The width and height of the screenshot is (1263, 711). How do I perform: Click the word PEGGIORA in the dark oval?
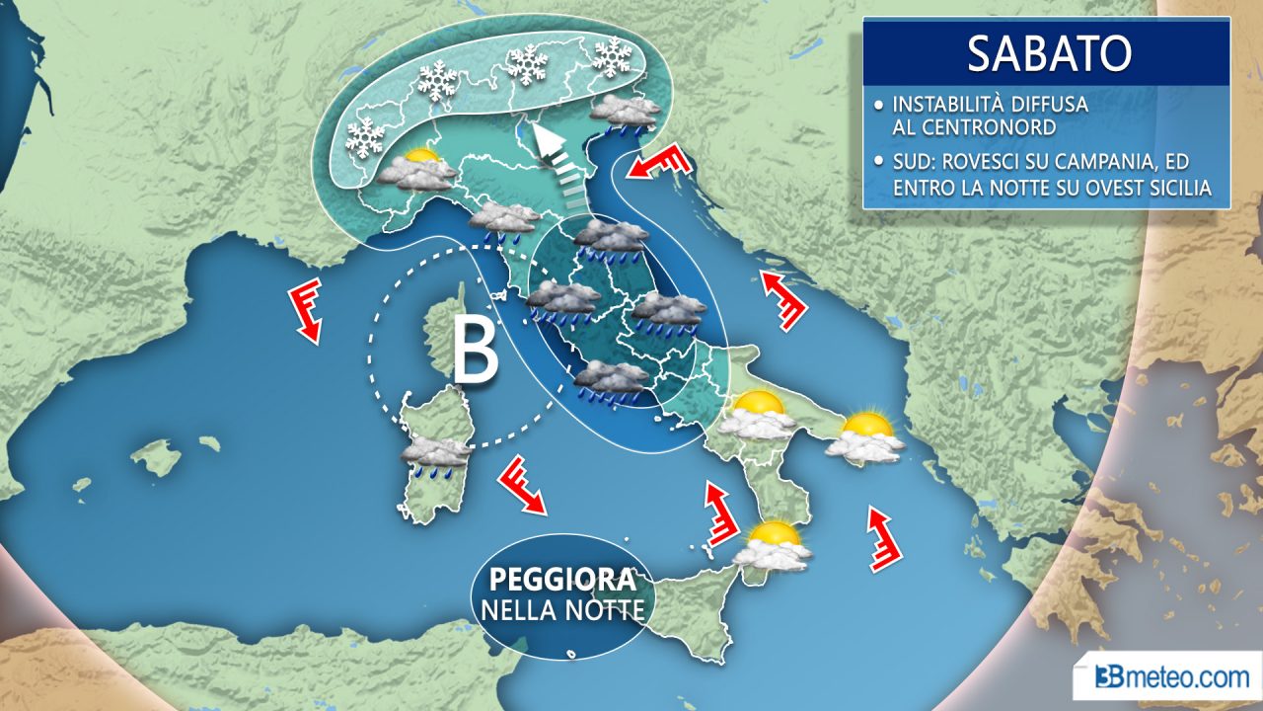click(560, 579)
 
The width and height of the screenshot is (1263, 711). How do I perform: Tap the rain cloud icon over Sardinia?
click(434, 455)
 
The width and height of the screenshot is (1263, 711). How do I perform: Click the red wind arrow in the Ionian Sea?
click(884, 539)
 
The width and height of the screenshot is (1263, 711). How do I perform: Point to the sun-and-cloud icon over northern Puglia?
click(758, 415)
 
